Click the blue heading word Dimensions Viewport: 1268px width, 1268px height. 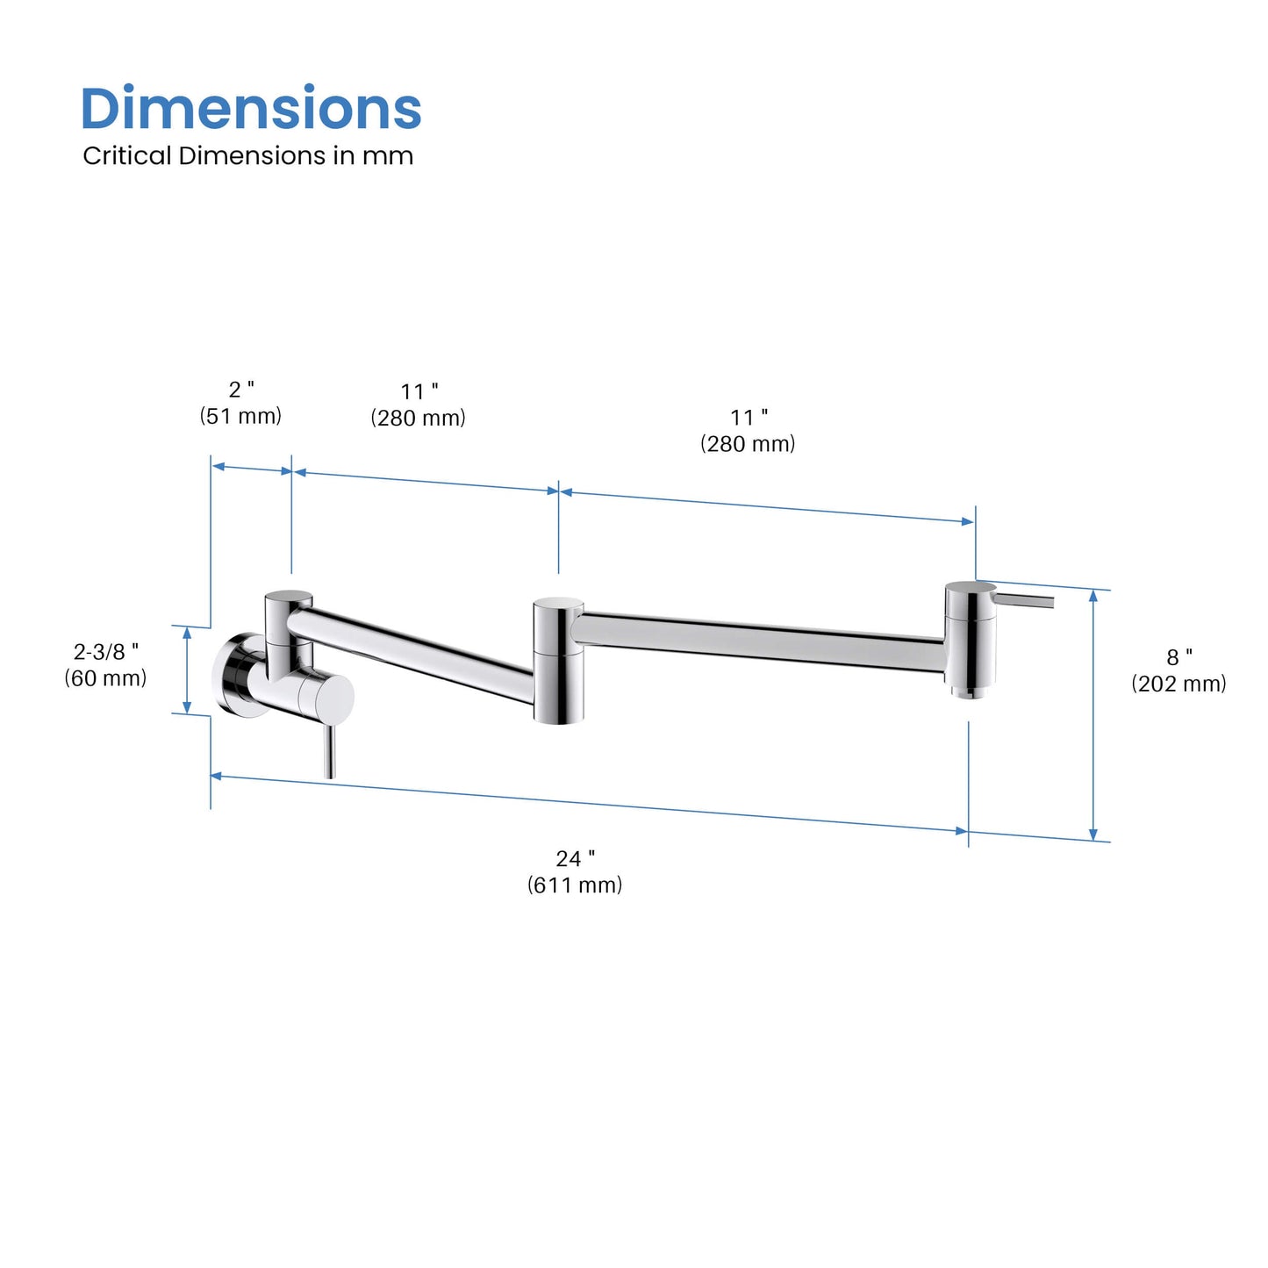(x=251, y=109)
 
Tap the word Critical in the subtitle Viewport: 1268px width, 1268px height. (x=126, y=156)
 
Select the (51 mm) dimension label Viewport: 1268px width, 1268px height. (x=240, y=416)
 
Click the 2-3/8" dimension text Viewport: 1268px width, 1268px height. (x=105, y=651)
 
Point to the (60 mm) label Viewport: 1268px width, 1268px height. (x=105, y=678)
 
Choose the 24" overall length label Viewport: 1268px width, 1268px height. (x=575, y=858)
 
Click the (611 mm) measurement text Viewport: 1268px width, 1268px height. (x=575, y=885)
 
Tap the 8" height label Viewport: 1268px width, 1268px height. (x=1178, y=657)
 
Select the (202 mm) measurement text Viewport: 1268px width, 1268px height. (x=1178, y=684)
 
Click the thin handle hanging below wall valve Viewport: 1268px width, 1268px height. (x=329, y=751)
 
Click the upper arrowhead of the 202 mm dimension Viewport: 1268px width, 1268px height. (x=1092, y=596)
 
